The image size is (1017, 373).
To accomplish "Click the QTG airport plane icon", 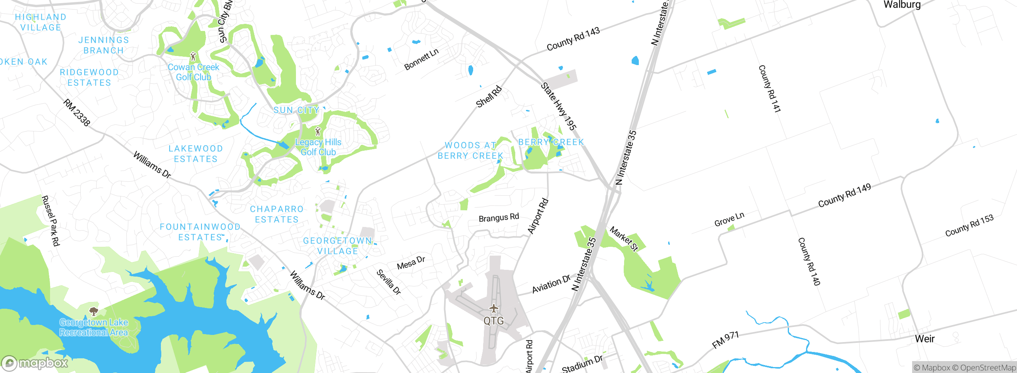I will (x=493, y=308).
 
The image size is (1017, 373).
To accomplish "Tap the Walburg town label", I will (x=902, y=5).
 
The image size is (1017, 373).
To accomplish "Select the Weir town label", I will (x=924, y=339).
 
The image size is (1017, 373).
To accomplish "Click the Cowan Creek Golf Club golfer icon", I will (x=193, y=56).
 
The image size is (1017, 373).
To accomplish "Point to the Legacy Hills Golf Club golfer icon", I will (x=317, y=131).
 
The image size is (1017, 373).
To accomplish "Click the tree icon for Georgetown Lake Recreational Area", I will (x=94, y=311).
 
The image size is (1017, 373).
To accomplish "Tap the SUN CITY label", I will (x=296, y=110).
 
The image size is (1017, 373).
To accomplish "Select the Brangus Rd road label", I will (x=499, y=217).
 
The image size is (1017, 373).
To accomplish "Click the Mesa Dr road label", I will (x=411, y=263).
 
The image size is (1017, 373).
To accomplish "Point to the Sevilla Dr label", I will (x=389, y=282).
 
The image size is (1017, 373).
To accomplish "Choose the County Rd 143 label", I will (x=573, y=39).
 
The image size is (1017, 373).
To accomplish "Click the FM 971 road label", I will (x=725, y=340).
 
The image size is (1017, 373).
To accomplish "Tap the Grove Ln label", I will (x=729, y=219).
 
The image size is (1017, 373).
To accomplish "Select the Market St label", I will (x=624, y=239).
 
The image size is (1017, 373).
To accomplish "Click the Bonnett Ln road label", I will (x=421, y=60).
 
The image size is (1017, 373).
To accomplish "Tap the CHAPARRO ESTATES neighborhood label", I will (x=276, y=214).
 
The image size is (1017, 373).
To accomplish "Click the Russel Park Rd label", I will (x=51, y=221).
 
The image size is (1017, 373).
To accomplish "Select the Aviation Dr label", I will (x=551, y=284).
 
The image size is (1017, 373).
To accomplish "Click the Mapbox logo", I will (x=35, y=363).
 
